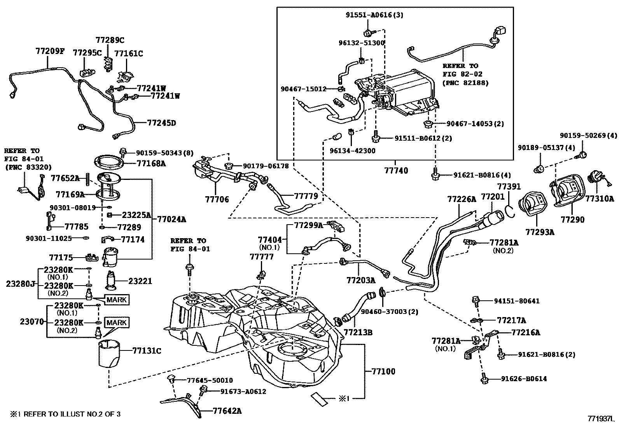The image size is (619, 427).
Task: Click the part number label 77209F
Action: (50, 51)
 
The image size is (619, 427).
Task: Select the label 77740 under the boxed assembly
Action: (396, 171)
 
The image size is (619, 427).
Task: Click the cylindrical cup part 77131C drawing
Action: (110, 353)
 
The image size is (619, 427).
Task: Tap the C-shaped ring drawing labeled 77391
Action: (511, 211)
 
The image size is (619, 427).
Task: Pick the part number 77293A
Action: (540, 232)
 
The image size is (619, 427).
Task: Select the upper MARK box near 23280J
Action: (116, 300)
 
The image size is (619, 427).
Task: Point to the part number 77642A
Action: (227, 411)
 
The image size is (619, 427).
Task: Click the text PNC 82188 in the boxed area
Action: (465, 83)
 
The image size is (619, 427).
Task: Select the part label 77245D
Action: (161, 123)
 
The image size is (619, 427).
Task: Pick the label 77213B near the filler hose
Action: (358, 333)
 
